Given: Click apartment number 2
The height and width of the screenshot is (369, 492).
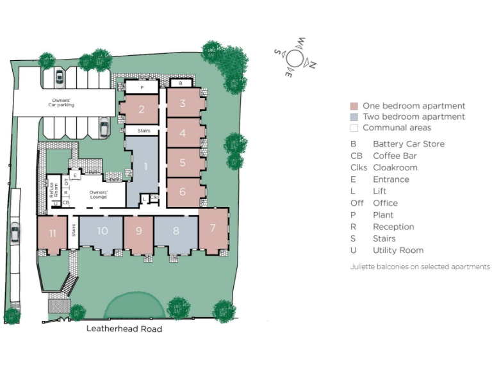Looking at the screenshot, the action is [141, 109].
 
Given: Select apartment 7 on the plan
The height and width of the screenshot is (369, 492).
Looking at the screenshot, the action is [213, 228].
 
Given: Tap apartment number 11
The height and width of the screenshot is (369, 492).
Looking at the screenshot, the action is [53, 233].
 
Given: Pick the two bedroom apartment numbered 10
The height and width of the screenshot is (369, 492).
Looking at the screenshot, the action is [102, 231].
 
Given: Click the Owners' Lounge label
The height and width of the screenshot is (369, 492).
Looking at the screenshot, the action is [98, 195].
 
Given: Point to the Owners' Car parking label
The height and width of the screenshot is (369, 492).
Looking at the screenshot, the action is [63, 102].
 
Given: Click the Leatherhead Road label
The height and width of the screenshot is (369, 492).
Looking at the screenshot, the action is [124, 329].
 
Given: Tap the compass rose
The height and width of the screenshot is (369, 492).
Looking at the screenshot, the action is [294, 58].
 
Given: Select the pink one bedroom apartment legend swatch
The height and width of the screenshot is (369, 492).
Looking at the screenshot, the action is [354, 106].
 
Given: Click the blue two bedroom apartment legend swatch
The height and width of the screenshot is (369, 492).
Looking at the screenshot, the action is [354, 117].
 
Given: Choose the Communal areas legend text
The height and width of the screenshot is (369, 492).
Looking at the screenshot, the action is [397, 127].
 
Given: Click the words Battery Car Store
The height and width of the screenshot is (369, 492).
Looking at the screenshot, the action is [408, 144].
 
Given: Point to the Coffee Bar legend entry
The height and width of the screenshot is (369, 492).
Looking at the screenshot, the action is [395, 156].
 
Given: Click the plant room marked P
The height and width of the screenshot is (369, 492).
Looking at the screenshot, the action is [141, 86].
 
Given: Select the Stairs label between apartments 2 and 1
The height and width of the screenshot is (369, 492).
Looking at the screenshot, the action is [141, 130].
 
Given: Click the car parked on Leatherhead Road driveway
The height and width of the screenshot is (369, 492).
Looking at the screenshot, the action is [15, 234].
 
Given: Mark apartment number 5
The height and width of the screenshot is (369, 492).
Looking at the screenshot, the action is [183, 163].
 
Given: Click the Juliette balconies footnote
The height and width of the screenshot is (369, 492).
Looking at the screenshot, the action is [420, 266].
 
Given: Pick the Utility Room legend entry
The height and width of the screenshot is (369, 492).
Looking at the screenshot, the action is [398, 250].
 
